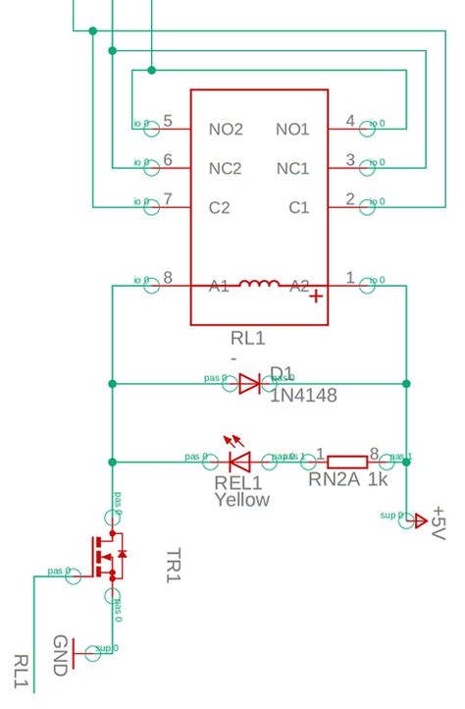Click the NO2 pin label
click(x=225, y=130)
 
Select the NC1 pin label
click(x=292, y=168)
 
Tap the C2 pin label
click(x=219, y=207)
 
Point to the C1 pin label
click(x=298, y=207)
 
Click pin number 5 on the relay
click(x=168, y=122)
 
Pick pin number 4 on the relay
click(x=351, y=122)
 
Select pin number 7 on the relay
click(x=168, y=199)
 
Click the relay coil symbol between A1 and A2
click(x=259, y=286)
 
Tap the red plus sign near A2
click(x=317, y=298)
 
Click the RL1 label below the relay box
click(x=247, y=339)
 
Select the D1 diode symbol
click(x=249, y=383)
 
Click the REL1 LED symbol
click(x=238, y=460)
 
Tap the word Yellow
click(x=241, y=500)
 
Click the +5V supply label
click(x=437, y=525)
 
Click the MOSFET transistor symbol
click(x=107, y=556)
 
